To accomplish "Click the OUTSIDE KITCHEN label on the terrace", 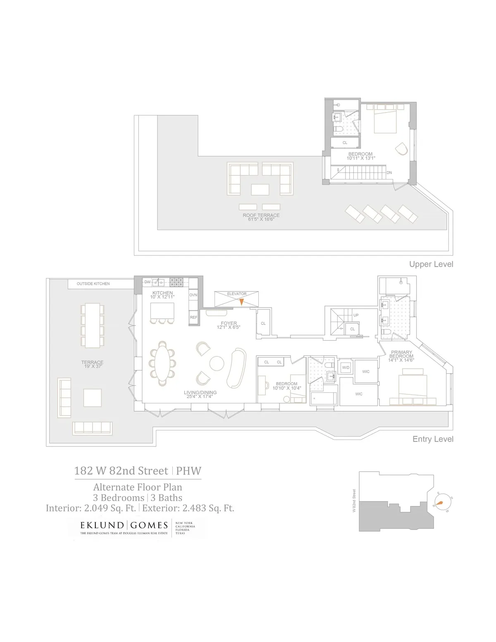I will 93,284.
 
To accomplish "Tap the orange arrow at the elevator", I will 242,301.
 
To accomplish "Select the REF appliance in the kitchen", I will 193,317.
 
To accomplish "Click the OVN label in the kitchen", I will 193,295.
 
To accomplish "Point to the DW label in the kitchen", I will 148,282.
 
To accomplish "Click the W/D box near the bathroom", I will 345,367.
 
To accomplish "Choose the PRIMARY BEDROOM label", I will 401,354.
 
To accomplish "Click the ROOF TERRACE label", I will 261,215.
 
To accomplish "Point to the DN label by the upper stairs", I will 389,173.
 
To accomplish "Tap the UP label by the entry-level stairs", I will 356,315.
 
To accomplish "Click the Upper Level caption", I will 431,264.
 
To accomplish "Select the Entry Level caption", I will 433,439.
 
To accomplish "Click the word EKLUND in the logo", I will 102,525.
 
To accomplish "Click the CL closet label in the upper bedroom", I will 345,143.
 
